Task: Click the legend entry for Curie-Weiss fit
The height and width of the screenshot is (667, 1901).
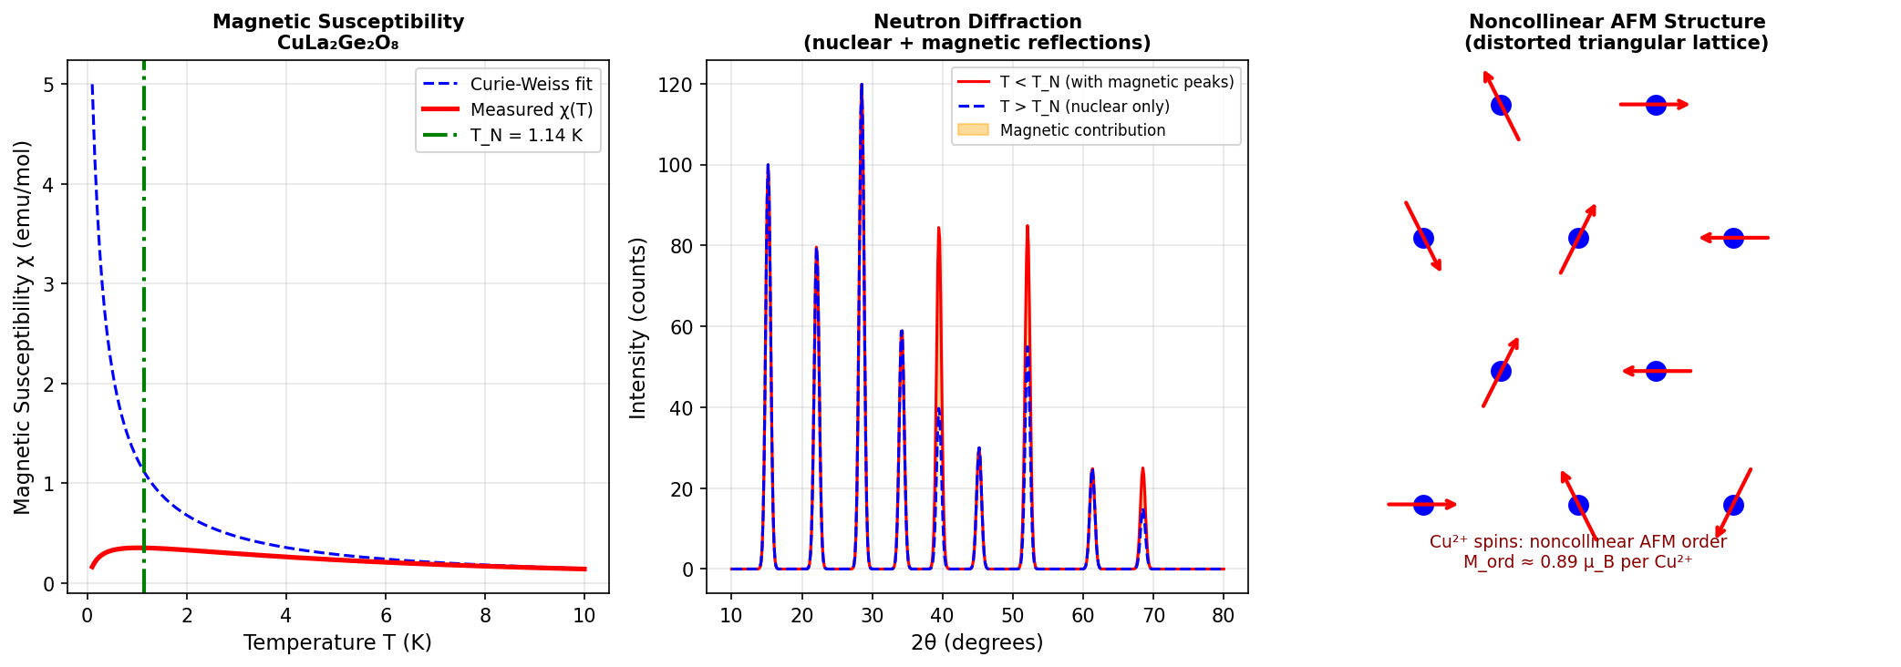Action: click(x=531, y=85)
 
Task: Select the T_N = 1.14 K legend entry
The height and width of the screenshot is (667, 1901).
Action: click(x=526, y=136)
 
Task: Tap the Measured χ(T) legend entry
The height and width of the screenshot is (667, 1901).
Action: click(x=532, y=110)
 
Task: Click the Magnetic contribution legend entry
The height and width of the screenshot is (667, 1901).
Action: click(x=1082, y=130)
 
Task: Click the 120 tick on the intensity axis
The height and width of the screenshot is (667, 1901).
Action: click(x=676, y=85)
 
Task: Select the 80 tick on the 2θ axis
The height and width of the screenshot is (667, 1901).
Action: click(x=1224, y=616)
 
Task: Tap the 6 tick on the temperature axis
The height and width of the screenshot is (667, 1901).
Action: click(x=386, y=616)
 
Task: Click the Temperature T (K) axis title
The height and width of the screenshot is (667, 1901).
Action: click(x=337, y=643)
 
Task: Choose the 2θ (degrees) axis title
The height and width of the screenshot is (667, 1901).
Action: click(x=976, y=643)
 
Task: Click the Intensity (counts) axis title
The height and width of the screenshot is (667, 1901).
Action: click(x=638, y=328)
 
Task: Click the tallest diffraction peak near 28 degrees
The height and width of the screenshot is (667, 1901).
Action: click(x=861, y=85)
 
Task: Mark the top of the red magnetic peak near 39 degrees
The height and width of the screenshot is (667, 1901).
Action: click(x=938, y=229)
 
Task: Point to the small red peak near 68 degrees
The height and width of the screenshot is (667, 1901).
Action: click(x=1142, y=469)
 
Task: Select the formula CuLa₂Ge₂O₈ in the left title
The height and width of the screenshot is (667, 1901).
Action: click(x=337, y=43)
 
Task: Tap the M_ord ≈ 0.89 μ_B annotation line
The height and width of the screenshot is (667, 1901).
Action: click(x=1577, y=562)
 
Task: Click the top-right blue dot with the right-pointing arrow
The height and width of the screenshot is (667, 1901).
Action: click(x=1656, y=105)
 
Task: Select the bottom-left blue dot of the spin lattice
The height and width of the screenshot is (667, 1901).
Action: click(x=1423, y=505)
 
